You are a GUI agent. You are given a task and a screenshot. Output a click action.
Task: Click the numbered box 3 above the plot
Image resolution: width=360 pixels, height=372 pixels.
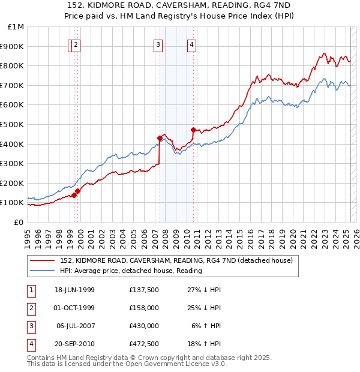(158, 44)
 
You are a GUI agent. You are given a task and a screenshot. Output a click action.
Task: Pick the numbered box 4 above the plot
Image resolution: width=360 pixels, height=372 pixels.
(191, 44)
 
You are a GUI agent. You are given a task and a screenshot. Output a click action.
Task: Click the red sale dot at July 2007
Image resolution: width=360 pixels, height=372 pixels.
(160, 138)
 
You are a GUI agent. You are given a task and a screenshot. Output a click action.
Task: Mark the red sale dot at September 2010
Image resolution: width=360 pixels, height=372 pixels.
(193, 130)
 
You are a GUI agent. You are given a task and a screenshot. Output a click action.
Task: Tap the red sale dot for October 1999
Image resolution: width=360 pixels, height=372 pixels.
(77, 191)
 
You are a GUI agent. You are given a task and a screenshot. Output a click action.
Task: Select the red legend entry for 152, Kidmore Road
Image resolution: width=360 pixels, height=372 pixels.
(176, 260)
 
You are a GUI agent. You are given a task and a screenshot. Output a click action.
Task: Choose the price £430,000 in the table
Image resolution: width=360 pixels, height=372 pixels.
(143, 326)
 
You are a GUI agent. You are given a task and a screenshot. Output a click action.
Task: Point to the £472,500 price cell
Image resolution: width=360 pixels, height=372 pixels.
(143, 344)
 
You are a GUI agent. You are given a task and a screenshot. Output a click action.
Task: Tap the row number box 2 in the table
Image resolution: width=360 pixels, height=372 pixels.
(31, 308)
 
